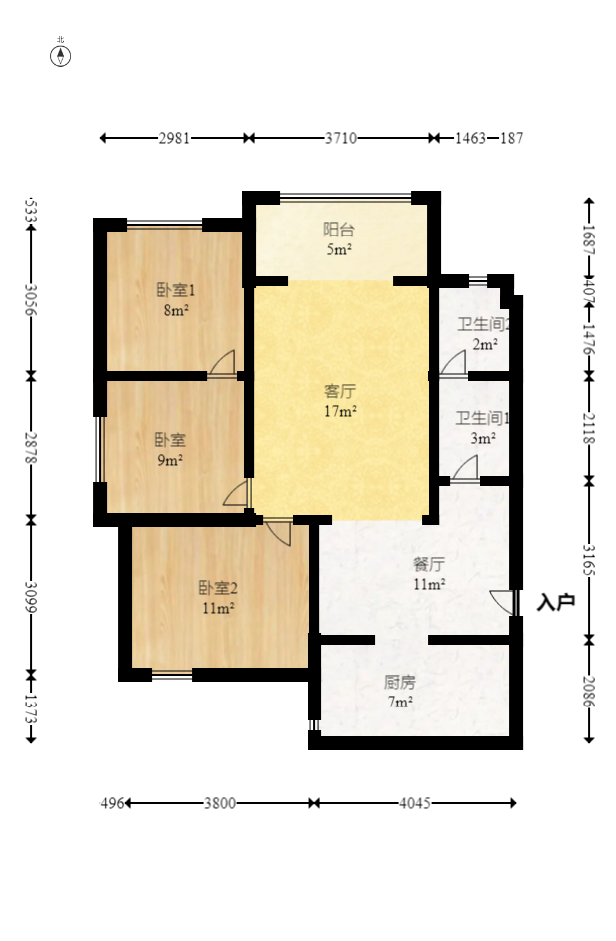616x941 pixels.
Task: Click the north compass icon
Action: point(61,55)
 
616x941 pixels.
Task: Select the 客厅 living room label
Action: point(340,391)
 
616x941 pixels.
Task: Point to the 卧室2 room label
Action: point(217,588)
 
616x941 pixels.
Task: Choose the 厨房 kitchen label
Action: point(399,683)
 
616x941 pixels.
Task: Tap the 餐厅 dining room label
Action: point(429,563)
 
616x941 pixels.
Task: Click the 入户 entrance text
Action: point(555,603)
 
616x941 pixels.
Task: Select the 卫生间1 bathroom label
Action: point(483,419)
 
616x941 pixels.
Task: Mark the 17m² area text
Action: point(340,410)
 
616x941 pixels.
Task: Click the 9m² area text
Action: point(170,460)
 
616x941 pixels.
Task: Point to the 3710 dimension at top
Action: point(340,138)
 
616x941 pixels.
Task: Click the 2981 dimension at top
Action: point(174,138)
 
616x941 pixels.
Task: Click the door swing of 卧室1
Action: point(223,363)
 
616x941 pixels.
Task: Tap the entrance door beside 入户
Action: point(505,602)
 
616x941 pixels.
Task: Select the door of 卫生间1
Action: point(465,468)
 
